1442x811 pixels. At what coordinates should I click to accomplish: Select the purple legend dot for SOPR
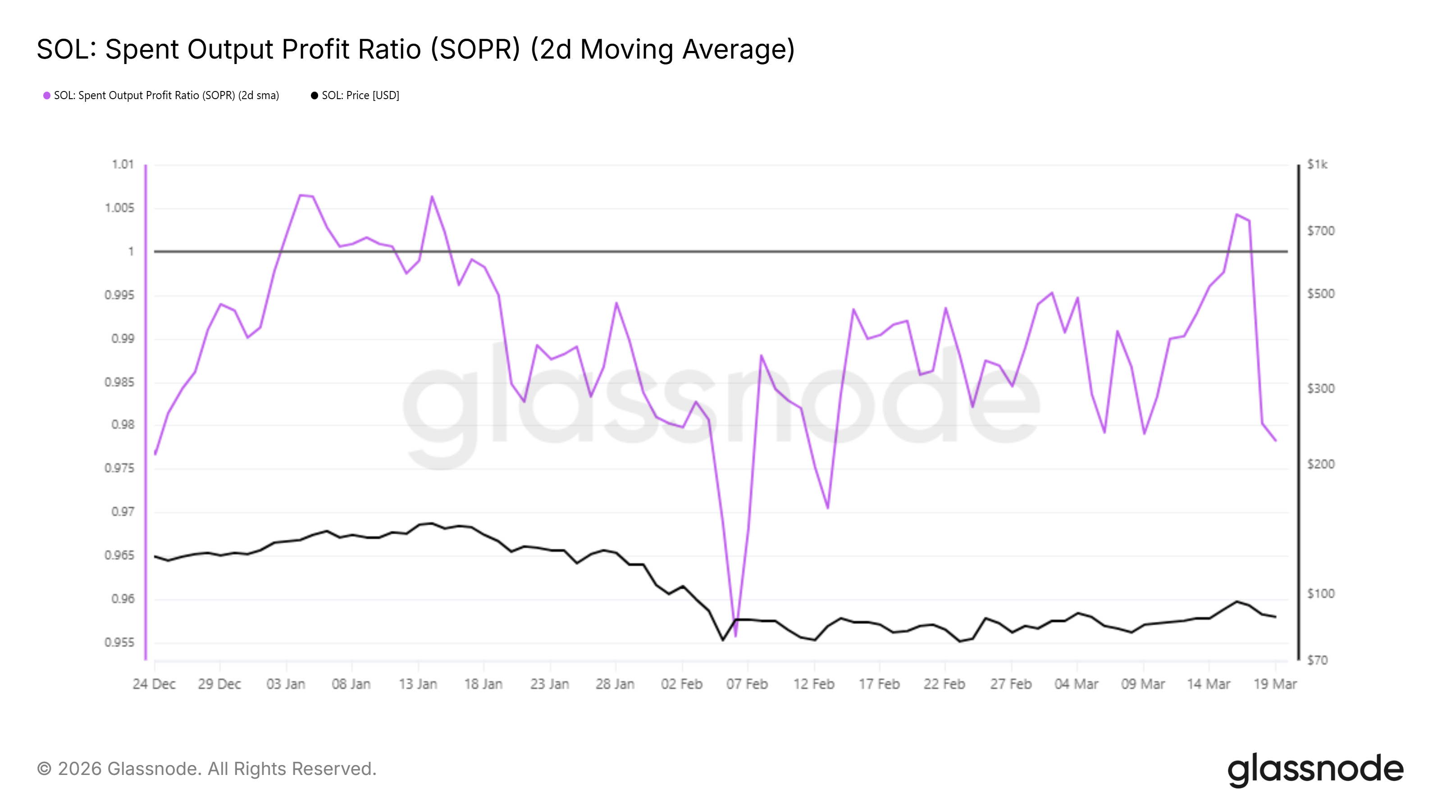47,96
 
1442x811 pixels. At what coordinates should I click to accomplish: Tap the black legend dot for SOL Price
315,96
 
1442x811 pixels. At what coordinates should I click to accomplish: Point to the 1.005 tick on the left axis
120,208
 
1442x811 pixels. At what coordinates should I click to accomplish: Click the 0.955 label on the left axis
120,642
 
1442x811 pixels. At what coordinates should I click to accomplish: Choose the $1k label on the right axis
1317,164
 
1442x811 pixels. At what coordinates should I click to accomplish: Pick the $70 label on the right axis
1317,661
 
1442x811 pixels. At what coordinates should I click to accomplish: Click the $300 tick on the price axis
1320,388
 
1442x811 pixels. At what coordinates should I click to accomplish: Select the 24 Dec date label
154,684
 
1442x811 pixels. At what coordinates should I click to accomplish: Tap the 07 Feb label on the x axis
747,684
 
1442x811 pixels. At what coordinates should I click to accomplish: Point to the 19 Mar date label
1275,684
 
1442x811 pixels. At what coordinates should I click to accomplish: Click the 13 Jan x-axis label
418,684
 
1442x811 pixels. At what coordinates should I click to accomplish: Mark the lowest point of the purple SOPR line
735,636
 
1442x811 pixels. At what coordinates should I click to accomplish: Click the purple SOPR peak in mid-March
1237,214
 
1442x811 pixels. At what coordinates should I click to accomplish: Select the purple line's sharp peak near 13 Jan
432,196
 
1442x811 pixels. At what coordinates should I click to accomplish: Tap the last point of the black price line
1275,617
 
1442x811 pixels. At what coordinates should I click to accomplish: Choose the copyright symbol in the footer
44,769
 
